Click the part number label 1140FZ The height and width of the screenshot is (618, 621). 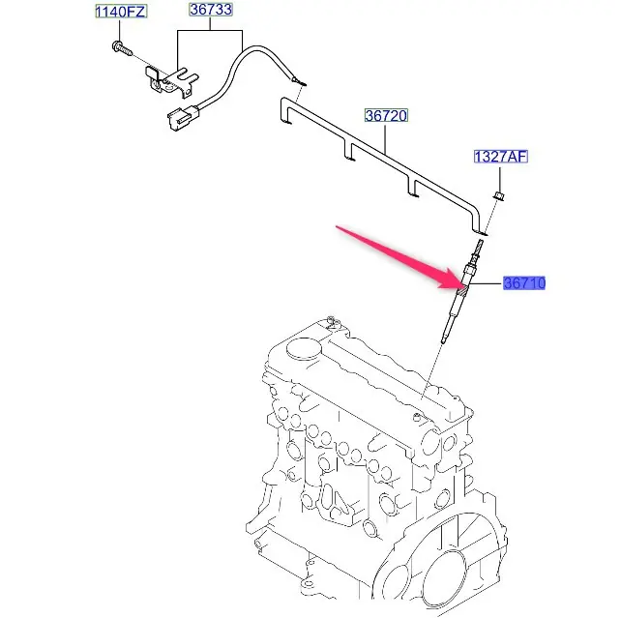[121, 12]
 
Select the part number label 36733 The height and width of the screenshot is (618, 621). [210, 10]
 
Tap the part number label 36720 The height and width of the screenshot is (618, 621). [386, 116]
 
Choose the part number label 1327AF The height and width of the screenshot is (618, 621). [501, 157]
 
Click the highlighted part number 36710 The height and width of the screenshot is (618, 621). [524, 283]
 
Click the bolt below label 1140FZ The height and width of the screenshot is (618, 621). [122, 48]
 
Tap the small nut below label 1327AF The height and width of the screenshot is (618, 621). [499, 195]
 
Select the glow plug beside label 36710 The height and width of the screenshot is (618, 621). [461, 291]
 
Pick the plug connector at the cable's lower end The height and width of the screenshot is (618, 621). [183, 116]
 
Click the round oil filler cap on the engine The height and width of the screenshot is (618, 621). [304, 349]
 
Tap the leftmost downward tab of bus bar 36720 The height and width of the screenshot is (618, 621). [284, 110]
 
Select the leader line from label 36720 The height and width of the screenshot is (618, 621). [386, 138]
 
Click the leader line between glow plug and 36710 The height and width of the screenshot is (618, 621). [484, 283]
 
